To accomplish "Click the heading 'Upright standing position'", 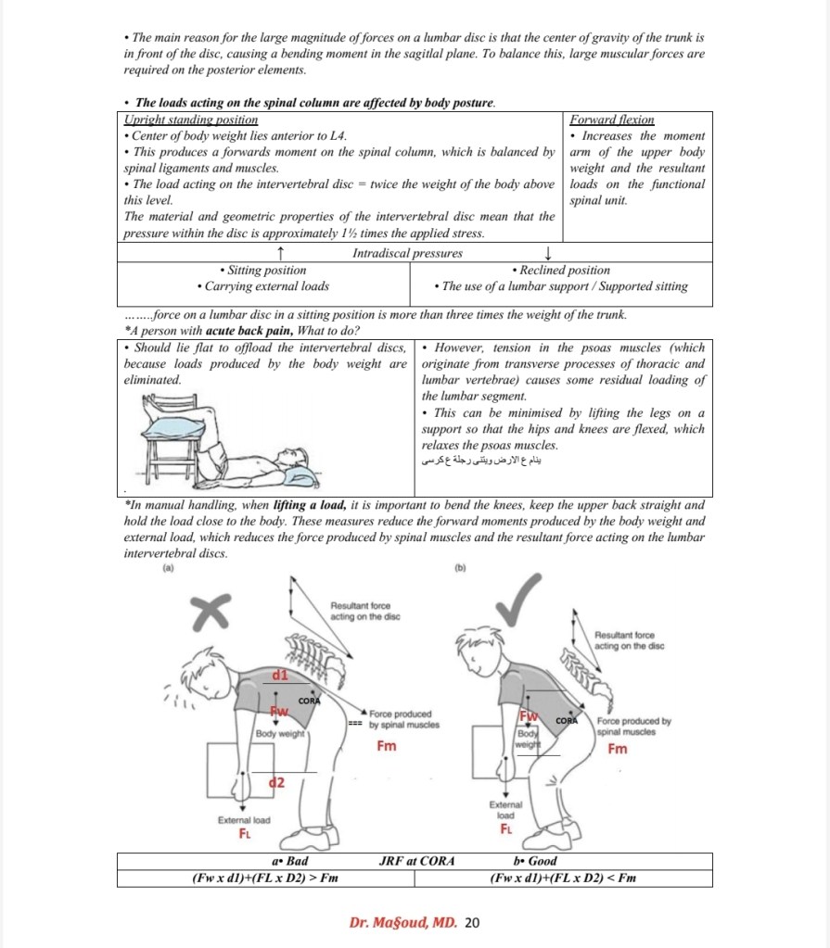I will pos(191,120).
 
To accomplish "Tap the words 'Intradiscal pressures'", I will pos(407,253).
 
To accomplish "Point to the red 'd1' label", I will pos(279,676).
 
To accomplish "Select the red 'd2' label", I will pos(275,783).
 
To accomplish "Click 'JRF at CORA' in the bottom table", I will pos(417,861).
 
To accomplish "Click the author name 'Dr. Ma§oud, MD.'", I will pos(403,922).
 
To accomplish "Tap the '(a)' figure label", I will pos(167,571).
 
